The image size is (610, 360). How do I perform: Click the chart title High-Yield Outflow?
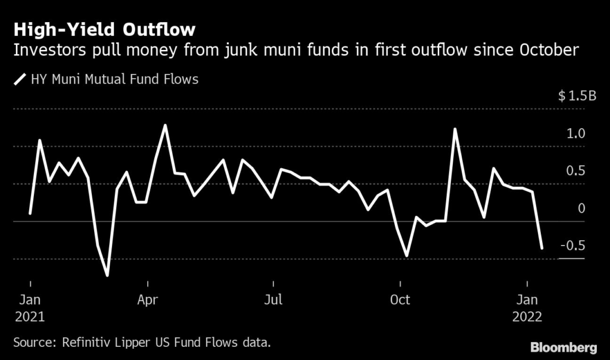click(x=104, y=30)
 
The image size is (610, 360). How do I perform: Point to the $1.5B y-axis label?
click(x=577, y=96)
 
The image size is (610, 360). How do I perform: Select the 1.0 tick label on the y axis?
click(x=576, y=134)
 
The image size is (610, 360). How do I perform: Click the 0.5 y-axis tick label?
click(x=576, y=171)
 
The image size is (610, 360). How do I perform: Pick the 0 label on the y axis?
click(x=581, y=208)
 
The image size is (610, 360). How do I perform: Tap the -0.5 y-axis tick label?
click(x=572, y=246)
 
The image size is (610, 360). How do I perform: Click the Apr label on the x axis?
click(x=148, y=300)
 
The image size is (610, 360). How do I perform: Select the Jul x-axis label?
click(x=273, y=300)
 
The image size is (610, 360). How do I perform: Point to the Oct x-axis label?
click(x=400, y=300)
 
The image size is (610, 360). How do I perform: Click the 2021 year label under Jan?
click(x=30, y=316)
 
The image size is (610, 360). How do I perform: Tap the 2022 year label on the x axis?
click(x=527, y=316)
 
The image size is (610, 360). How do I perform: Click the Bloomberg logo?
click(x=564, y=347)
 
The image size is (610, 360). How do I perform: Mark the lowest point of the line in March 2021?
click(x=107, y=275)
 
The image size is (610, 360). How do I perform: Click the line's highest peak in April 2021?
click(x=165, y=125)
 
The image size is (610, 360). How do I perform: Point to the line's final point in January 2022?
click(x=542, y=248)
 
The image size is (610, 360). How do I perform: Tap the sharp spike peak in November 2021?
click(x=455, y=129)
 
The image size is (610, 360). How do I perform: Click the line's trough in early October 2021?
click(x=407, y=256)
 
